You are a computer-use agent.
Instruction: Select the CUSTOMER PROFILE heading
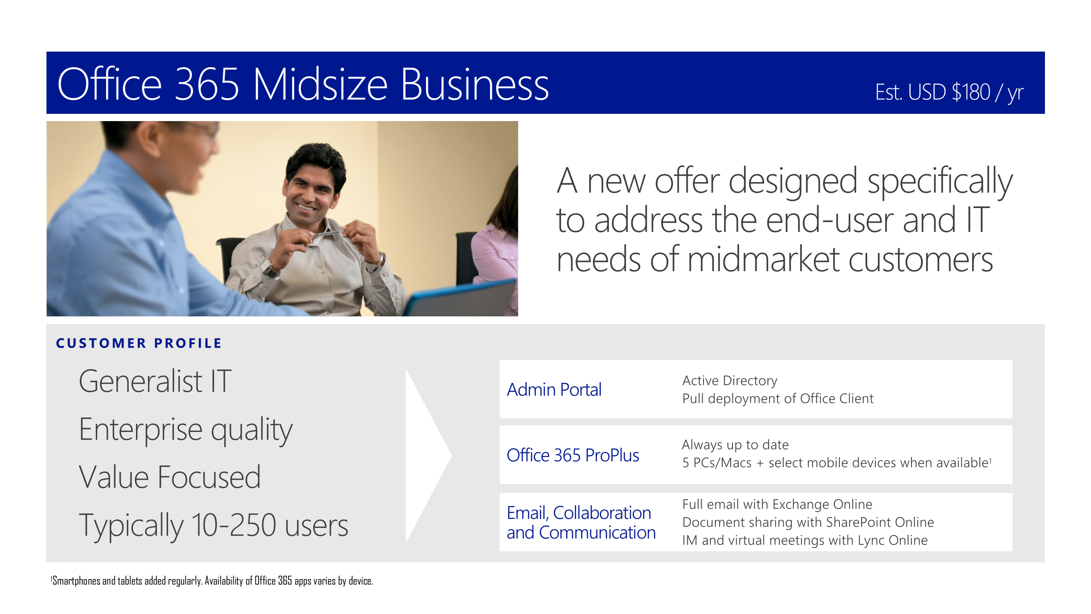tap(139, 343)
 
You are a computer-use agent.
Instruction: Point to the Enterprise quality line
tap(186, 430)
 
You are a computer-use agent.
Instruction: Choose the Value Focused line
tap(170, 477)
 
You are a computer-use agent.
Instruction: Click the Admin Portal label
tap(554, 389)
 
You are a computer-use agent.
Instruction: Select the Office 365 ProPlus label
tap(573, 455)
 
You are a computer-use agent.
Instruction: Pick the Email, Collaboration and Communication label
tap(581, 522)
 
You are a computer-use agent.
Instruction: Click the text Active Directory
tap(729, 380)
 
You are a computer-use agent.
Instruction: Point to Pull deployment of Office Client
tap(778, 398)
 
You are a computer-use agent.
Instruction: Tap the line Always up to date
tap(735, 445)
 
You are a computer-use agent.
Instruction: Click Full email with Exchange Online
tap(777, 504)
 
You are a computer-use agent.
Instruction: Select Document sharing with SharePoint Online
tap(808, 522)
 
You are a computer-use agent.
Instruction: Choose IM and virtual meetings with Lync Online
tap(805, 540)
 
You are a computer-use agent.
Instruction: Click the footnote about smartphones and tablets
tap(212, 581)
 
